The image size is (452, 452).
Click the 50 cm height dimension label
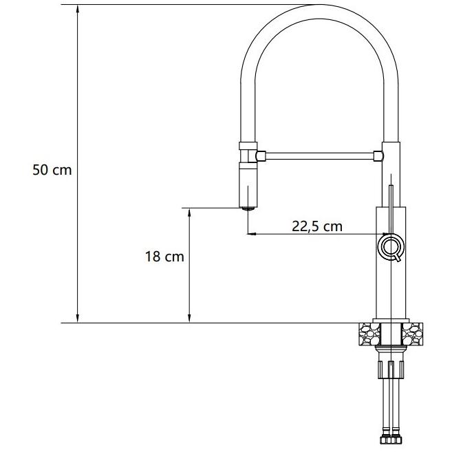click(x=52, y=170)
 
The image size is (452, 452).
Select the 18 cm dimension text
click(x=164, y=257)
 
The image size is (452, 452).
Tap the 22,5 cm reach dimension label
click(x=317, y=226)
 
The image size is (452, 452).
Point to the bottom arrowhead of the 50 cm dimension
click(x=77, y=317)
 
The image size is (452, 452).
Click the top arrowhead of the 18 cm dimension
click(x=189, y=213)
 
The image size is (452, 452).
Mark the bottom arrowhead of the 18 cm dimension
click(x=189, y=317)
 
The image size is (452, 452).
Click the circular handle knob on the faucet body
click(x=391, y=246)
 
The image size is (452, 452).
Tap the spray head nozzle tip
click(x=248, y=208)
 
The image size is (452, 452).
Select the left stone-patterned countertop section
click(x=370, y=334)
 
